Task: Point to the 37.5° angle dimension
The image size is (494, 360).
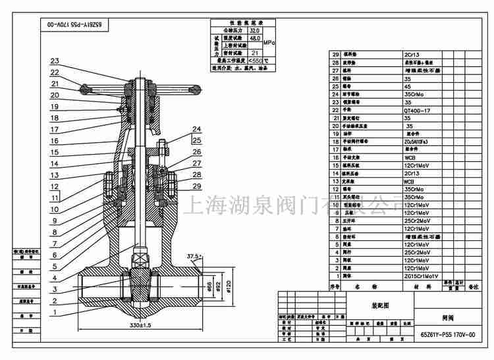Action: pos(194,256)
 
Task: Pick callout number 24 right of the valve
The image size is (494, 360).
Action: pos(196,129)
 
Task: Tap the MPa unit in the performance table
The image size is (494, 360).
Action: pos(269,42)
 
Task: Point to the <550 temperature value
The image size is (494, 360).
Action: pos(253,60)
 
